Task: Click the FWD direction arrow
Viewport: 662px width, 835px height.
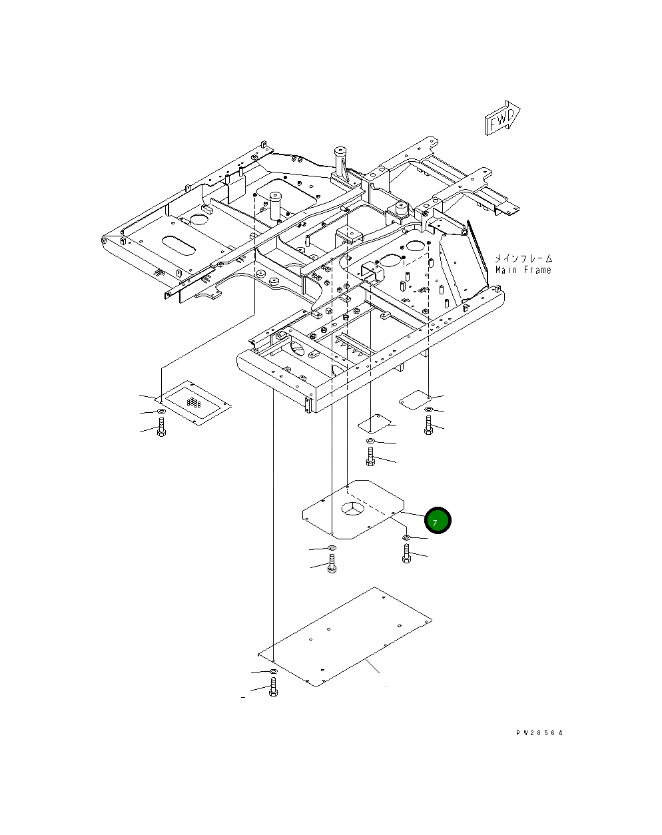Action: [502, 118]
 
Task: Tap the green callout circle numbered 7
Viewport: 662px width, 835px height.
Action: [438, 520]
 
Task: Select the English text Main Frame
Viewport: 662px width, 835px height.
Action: [523, 270]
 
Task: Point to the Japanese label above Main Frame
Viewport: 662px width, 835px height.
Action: [523, 258]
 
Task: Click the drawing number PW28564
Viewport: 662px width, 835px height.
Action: [539, 733]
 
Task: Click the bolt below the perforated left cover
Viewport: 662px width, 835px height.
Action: [161, 427]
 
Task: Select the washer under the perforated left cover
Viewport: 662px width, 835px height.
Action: [161, 412]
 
